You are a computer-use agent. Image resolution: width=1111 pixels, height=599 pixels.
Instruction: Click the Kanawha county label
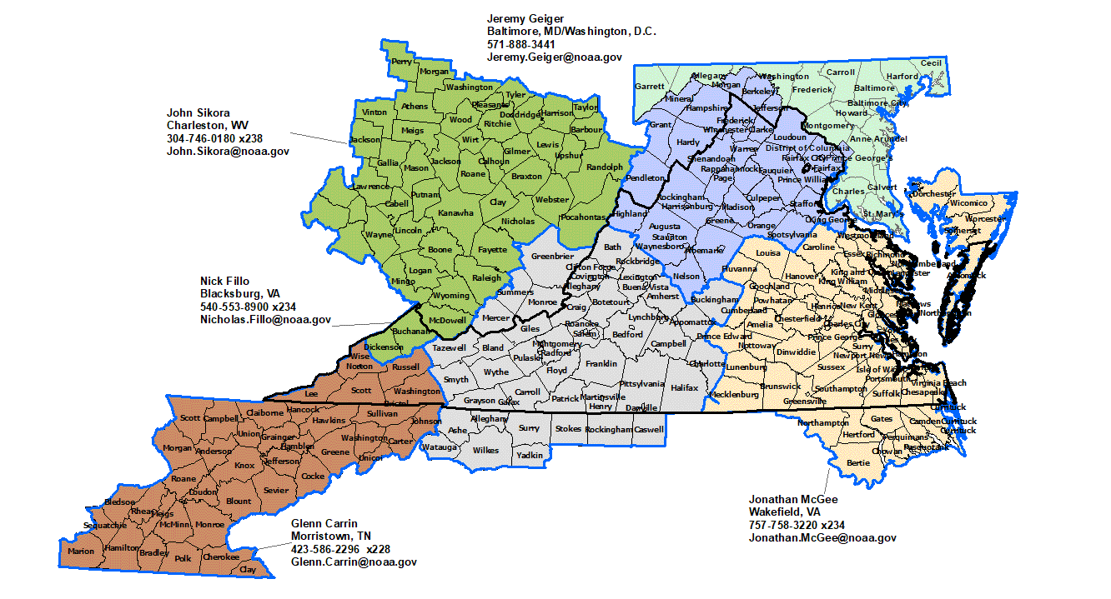tap(455, 213)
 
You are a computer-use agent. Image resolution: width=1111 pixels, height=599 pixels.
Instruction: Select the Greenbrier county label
tap(552, 256)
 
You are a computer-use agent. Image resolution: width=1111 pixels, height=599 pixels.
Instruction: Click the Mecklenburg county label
tap(734, 394)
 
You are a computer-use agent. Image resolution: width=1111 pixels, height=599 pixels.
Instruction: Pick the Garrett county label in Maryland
tap(650, 86)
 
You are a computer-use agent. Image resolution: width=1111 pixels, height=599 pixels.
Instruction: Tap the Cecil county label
tap(931, 63)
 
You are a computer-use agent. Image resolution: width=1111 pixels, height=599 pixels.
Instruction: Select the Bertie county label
tap(858, 462)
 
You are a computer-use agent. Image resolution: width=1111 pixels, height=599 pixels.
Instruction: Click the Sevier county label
tap(275, 491)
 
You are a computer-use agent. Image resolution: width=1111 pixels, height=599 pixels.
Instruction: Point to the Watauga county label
tap(438, 447)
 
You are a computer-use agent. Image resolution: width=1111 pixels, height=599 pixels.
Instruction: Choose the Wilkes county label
tap(485, 450)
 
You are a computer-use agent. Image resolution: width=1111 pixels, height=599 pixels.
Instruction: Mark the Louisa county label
tap(767, 253)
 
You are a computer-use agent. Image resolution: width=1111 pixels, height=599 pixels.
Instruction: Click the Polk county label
tap(183, 558)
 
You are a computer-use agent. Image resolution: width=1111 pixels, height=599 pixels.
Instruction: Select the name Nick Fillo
tap(224, 282)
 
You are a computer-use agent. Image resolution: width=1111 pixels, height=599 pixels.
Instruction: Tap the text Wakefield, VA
tap(784, 512)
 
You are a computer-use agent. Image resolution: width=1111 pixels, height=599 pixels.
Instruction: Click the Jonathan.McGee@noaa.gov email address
tap(822, 538)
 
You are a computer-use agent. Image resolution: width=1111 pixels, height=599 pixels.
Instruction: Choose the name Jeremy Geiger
tap(525, 18)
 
